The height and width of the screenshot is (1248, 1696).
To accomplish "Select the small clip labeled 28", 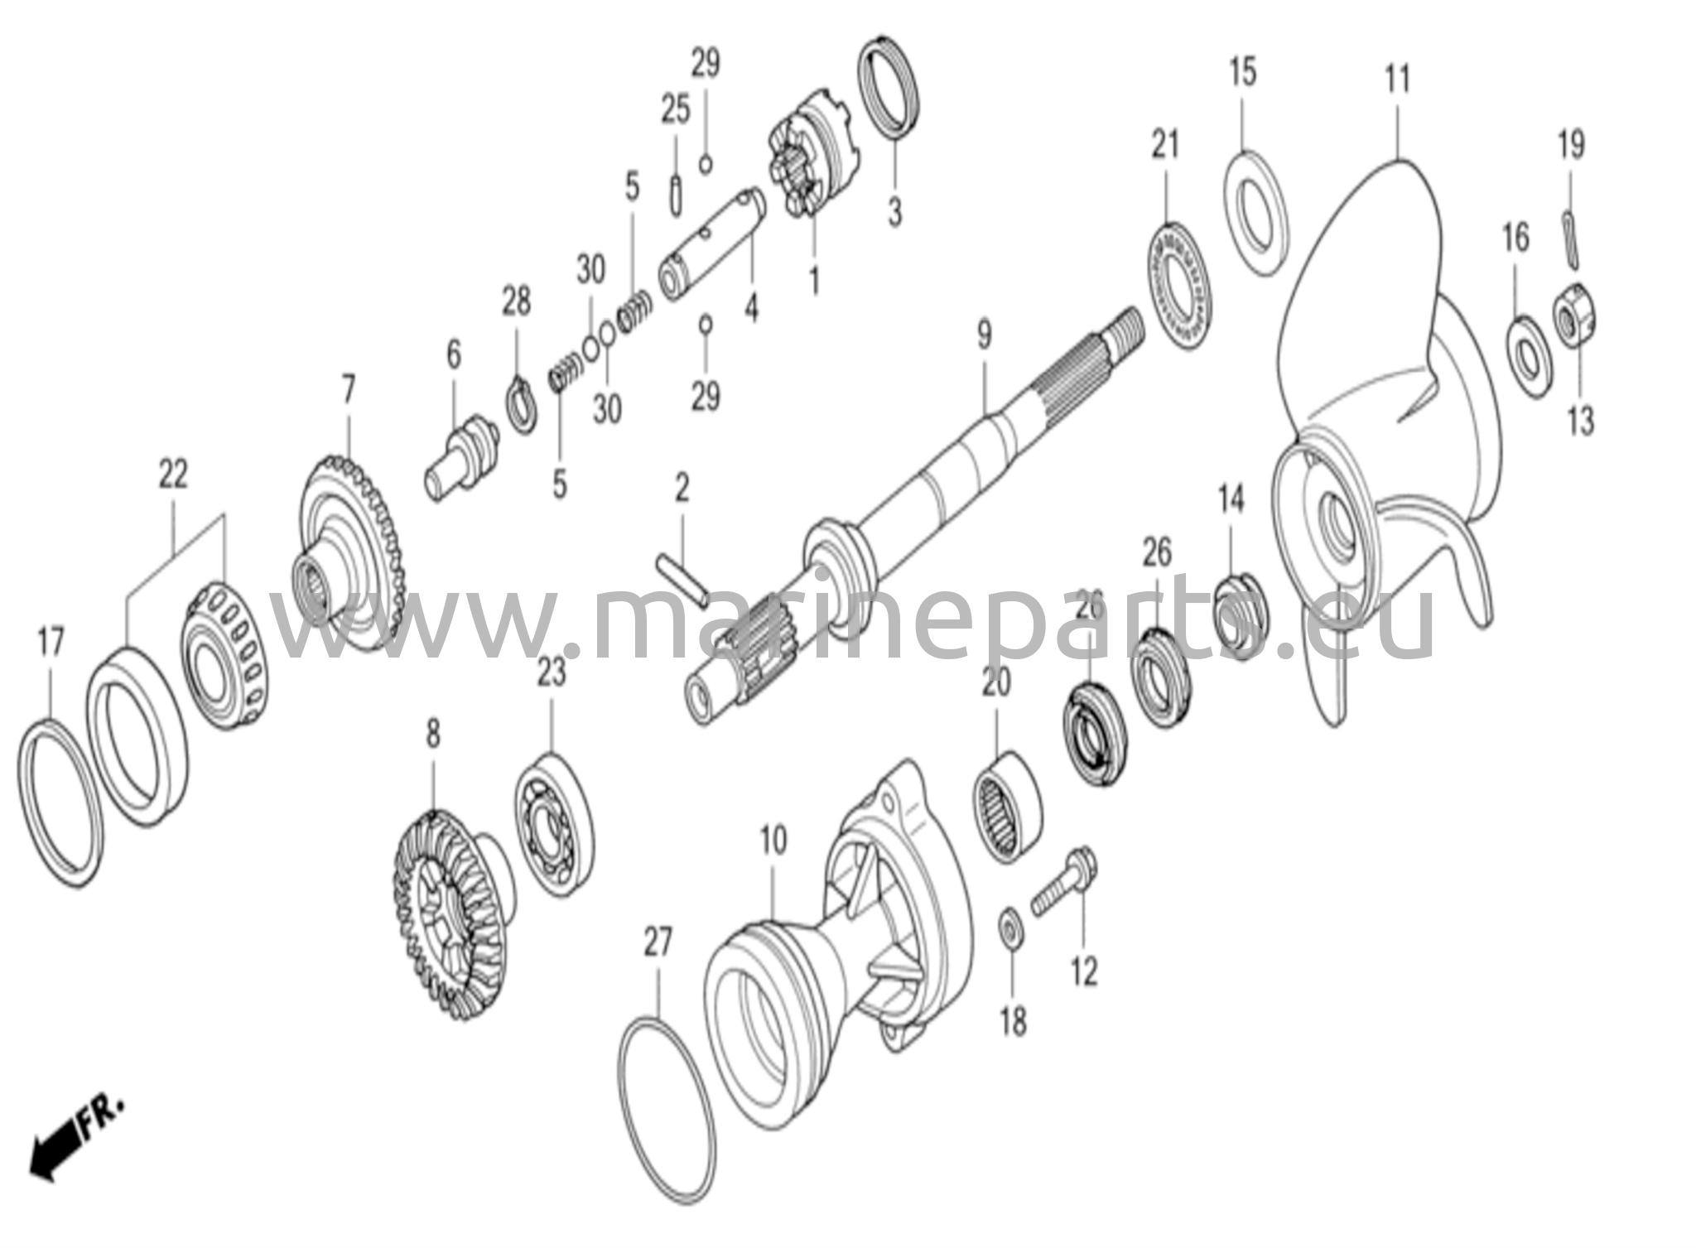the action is pos(522,403).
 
